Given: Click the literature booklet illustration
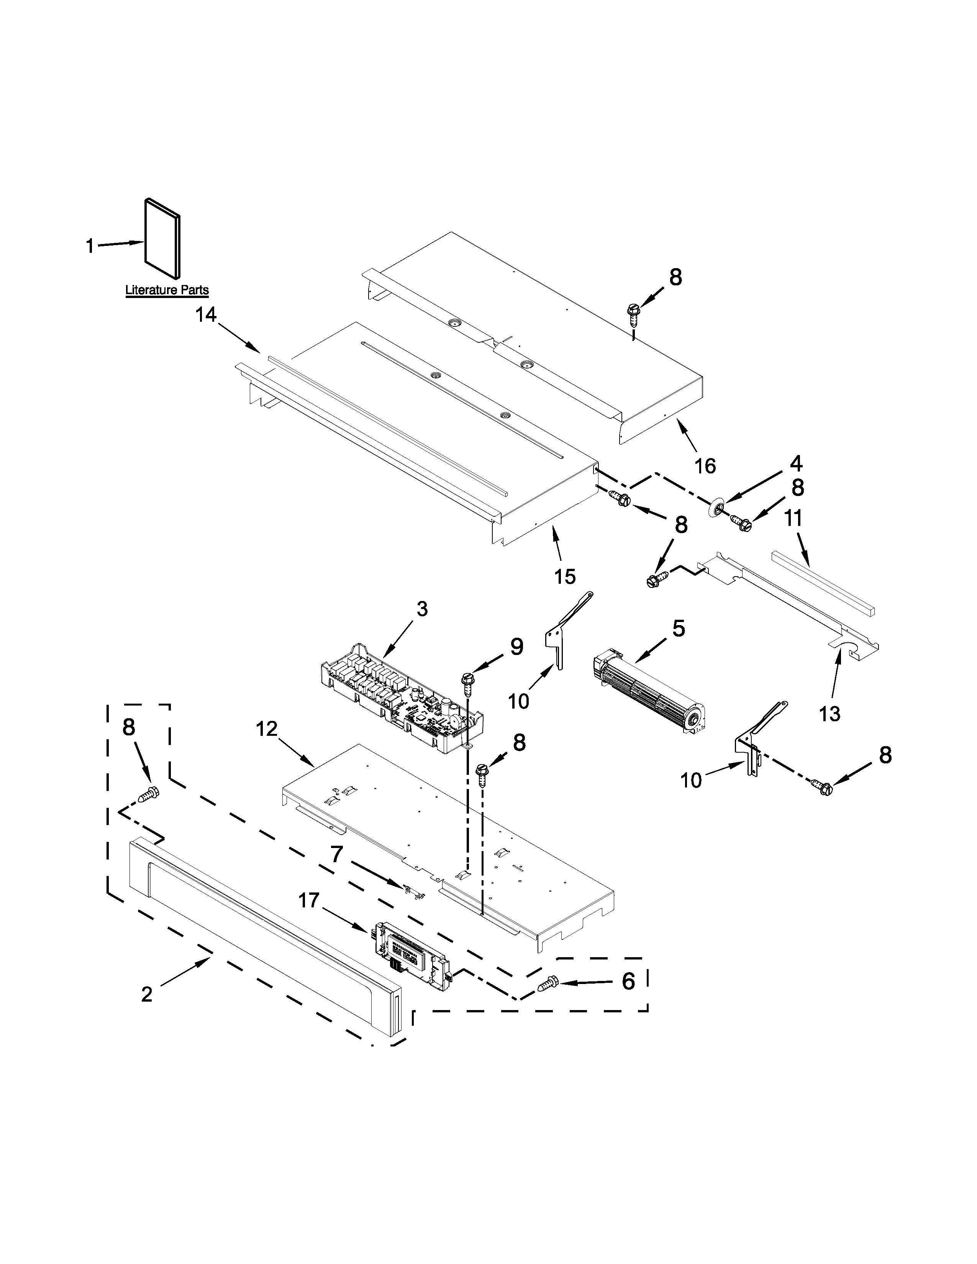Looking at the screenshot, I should point(162,237).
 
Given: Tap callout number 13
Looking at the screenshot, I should point(829,714).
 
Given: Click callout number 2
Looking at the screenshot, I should point(147,995).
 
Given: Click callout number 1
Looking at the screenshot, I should point(90,247).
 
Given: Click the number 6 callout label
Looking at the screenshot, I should point(628,981).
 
